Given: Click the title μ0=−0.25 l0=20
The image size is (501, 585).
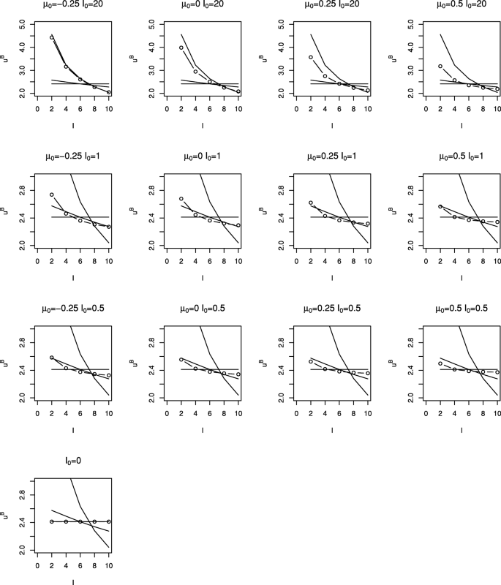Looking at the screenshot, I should pos(73,5).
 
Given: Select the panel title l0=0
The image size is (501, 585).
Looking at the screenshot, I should pos(73,459).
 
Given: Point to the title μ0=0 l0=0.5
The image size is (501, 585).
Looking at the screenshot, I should pos(203,308).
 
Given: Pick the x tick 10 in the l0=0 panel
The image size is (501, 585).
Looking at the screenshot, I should pos(108,565).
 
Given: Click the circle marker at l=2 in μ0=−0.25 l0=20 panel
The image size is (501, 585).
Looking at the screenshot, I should pos(52,37).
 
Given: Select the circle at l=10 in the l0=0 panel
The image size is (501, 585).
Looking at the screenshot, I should pos(108,521).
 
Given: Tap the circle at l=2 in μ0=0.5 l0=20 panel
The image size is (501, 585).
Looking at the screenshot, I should pos(440,67).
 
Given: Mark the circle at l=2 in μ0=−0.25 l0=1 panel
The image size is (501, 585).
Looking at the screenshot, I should pos(52,195).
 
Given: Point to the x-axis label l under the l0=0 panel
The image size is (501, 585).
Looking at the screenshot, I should pos(73,581).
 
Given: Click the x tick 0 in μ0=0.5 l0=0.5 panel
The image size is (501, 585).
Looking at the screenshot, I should pos(426,413).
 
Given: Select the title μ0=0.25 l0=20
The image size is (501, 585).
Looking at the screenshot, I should pos(331,5).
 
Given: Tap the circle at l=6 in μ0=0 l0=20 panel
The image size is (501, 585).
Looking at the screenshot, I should pos(210,82).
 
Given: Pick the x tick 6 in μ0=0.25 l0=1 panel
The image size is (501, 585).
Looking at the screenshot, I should pos(339,261).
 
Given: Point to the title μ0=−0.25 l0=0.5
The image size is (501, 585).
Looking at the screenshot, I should pos(73,308).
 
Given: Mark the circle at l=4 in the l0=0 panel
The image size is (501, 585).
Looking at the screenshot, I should pos(66,521).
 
